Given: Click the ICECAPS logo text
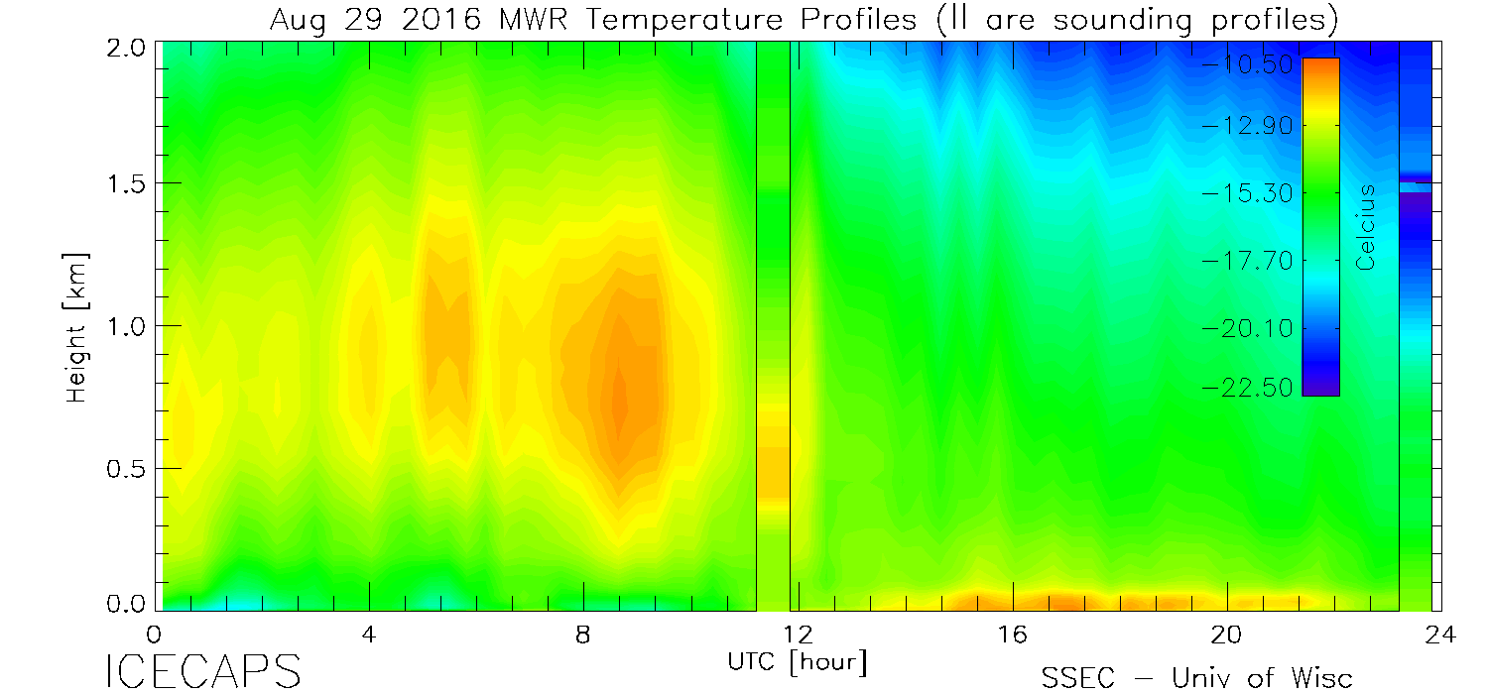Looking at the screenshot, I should [x=202, y=671].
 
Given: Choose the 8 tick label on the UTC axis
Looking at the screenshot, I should [x=583, y=635].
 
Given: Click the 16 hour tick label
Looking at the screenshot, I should [x=1012, y=635].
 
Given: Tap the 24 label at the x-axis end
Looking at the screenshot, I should [x=1440, y=635].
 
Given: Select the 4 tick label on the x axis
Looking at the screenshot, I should [x=369, y=635].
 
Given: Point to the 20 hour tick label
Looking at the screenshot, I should [x=1226, y=635].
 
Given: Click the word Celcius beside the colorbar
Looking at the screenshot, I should [x=1367, y=227].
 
